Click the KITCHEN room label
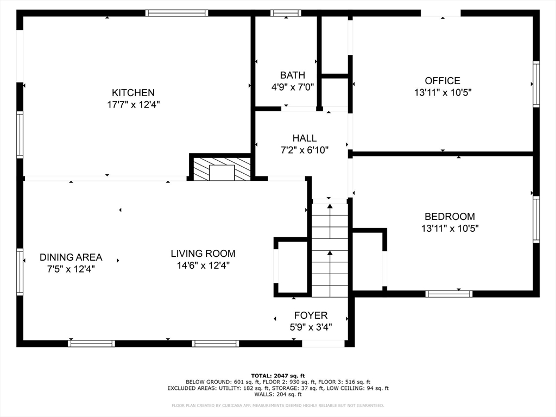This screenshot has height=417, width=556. [x=133, y=93]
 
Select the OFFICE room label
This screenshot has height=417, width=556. [x=443, y=81]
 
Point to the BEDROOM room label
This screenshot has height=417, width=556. [x=450, y=216]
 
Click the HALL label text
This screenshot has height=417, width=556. [x=304, y=138]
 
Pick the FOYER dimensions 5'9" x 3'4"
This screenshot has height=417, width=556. [x=311, y=327]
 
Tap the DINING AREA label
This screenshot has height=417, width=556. [x=71, y=257]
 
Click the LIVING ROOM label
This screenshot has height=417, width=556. [x=203, y=253]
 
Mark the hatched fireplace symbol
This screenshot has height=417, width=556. [x=222, y=169]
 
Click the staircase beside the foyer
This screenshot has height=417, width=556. [x=330, y=250]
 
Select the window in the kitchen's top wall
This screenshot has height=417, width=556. [x=176, y=13]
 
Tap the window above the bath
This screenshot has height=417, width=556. [x=286, y=13]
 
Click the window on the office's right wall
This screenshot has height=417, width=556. [x=536, y=84]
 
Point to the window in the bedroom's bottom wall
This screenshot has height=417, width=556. [x=448, y=294]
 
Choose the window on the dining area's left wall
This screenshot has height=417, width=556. [x=20, y=271]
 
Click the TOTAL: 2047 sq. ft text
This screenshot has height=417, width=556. [x=278, y=376]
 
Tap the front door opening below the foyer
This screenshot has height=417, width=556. [x=323, y=343]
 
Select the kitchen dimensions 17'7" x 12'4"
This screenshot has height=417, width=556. [x=133, y=104]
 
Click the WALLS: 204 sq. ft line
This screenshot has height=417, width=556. [x=278, y=394]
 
